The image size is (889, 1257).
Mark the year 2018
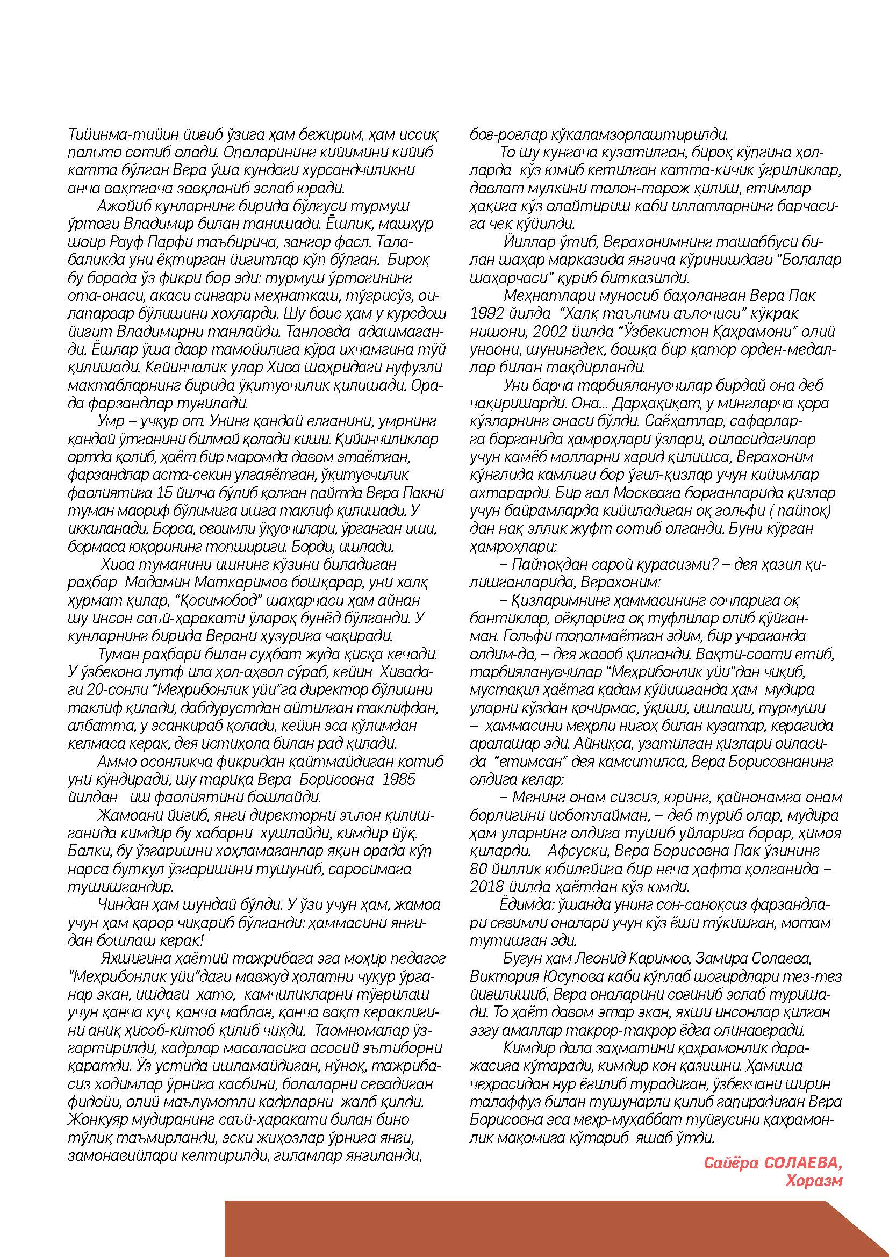coord(489,886)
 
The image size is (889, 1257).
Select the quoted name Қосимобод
coord(204,600)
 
